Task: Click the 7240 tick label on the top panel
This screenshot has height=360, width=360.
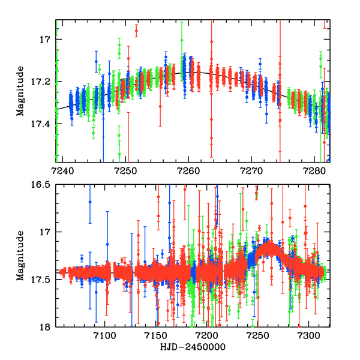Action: tap(62, 170)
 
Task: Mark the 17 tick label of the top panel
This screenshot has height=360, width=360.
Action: tap(45, 40)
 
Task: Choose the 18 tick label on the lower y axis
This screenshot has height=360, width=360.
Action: tap(45, 327)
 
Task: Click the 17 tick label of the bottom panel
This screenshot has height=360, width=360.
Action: tap(45, 232)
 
